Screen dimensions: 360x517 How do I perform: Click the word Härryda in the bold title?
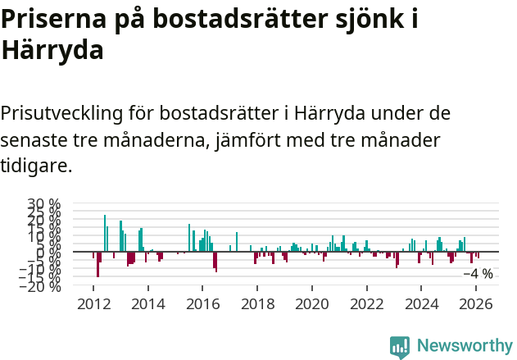click(52, 51)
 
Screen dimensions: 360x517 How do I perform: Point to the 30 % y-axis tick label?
click(43, 204)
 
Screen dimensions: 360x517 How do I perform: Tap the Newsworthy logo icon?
click(400, 347)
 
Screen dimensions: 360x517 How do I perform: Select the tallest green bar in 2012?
click(104, 233)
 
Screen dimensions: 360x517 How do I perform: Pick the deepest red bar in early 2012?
click(98, 264)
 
